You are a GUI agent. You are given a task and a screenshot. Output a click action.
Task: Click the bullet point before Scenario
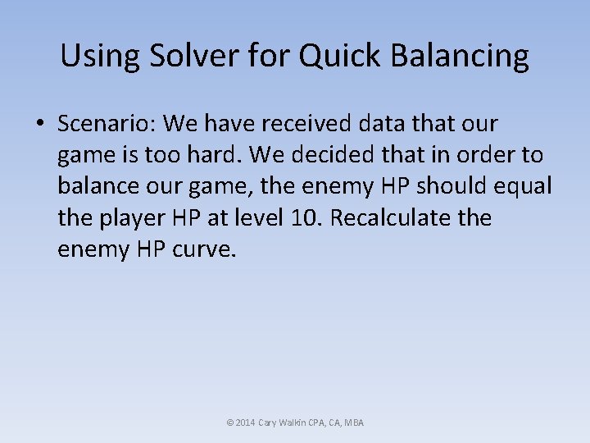tap(39, 124)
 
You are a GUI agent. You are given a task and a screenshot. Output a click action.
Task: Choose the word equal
tap(524, 186)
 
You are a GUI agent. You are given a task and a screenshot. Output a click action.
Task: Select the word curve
tap(205, 249)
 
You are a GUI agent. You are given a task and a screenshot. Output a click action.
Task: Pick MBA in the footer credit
tap(354, 422)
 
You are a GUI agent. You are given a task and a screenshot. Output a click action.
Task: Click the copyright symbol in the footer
tap(229, 422)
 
